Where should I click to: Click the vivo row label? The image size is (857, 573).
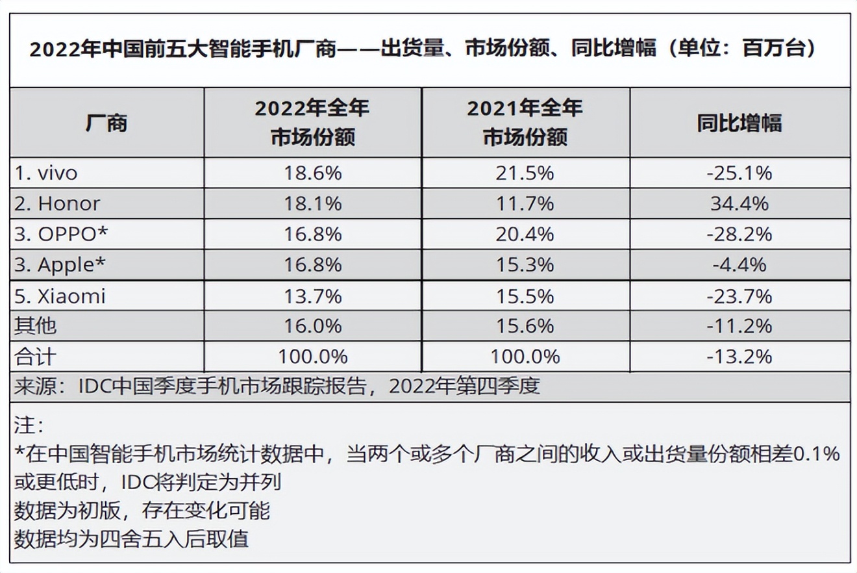tap(46, 173)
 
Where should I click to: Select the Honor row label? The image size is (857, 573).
tap(57, 204)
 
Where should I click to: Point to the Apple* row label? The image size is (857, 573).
tap(60, 265)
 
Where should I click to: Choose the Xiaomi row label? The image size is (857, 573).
tap(60, 297)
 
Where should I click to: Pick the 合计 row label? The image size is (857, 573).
tap(36, 357)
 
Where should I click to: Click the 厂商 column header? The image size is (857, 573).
tap(106, 123)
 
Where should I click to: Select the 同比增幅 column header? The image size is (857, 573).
tap(739, 123)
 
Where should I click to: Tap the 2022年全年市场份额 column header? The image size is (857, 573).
tap(312, 122)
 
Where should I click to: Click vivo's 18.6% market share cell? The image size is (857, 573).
tap(312, 173)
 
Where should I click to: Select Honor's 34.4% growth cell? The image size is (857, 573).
tap(739, 204)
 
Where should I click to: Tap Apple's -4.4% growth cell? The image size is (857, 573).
tap(739, 265)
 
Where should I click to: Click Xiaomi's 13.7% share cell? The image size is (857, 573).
tap(312, 297)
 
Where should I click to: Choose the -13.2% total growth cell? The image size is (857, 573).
tap(739, 357)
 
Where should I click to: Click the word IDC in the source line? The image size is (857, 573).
tap(93, 387)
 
